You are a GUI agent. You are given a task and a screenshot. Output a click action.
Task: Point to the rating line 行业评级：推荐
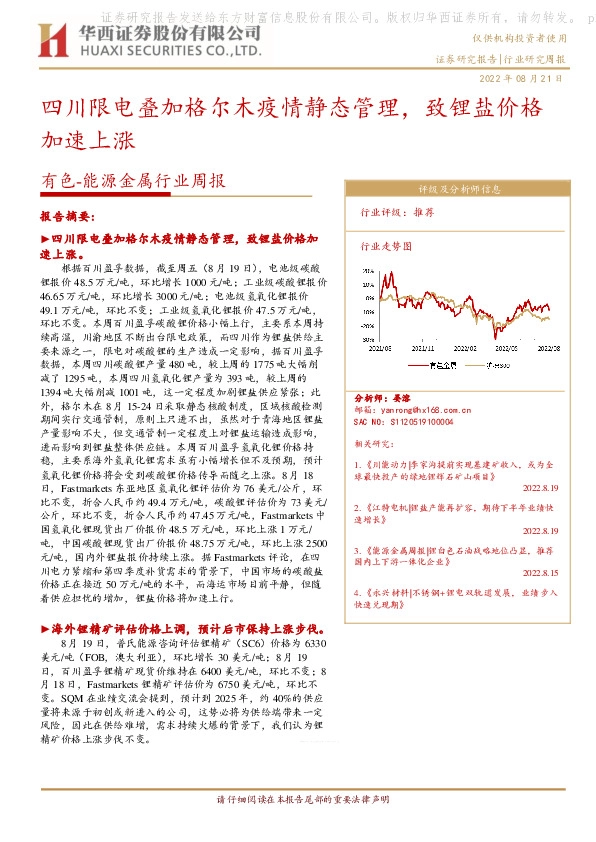396,213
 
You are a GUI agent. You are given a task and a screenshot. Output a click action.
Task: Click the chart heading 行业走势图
385,244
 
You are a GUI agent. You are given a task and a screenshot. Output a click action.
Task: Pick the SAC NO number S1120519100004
416,420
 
